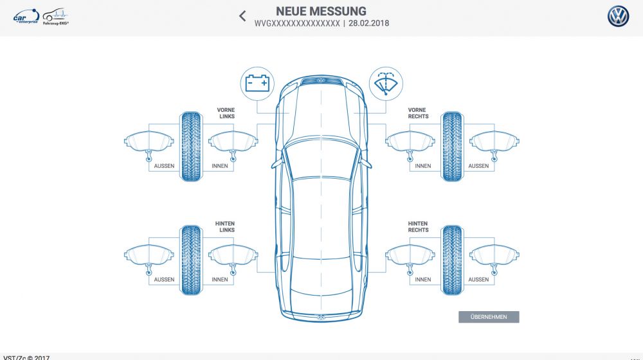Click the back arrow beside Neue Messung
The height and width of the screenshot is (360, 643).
click(x=242, y=16)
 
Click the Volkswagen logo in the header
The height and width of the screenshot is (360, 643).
click(x=618, y=17)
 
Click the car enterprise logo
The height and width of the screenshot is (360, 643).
click(x=26, y=17)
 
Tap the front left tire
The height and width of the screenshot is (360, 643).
click(x=190, y=146)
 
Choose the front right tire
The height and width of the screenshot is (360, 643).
click(x=451, y=146)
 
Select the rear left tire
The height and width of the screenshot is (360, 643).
click(x=190, y=260)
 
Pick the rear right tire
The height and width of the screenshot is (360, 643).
click(x=451, y=260)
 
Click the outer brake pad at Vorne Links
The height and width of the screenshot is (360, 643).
click(x=149, y=143)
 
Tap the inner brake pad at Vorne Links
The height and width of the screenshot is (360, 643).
click(x=233, y=143)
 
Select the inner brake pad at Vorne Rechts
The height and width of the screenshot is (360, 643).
click(x=410, y=143)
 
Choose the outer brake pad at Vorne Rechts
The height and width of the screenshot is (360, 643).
click(x=494, y=143)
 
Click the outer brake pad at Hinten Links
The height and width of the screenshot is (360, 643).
click(x=149, y=256)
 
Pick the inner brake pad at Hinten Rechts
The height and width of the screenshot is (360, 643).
click(x=410, y=256)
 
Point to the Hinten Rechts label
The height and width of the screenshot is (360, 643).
click(x=418, y=226)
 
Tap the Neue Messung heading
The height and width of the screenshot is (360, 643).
click(x=321, y=11)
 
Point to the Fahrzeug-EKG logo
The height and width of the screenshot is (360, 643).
click(x=57, y=17)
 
